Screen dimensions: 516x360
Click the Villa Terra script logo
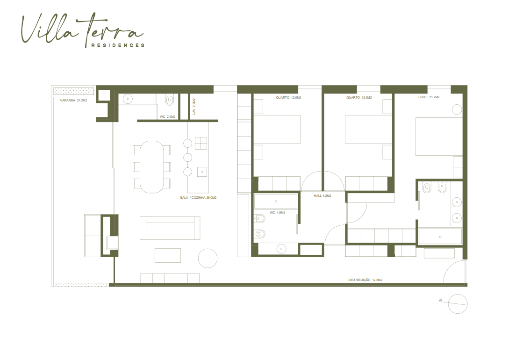click(82, 29)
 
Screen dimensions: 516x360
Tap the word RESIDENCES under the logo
click(118, 45)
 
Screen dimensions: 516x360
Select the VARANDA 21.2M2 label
click(73, 101)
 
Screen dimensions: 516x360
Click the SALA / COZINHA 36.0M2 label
click(198, 198)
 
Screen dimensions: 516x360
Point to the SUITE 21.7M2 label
click(429, 97)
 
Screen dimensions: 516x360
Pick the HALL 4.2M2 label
click(322, 196)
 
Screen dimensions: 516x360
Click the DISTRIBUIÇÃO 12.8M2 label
click(365, 280)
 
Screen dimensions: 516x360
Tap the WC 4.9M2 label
click(278, 213)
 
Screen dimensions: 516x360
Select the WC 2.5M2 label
click(167, 117)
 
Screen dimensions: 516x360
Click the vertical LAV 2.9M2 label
click(194, 106)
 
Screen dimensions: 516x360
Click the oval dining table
click(152, 167)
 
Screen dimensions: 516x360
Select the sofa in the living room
click(170, 228)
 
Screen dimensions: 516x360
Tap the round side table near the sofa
click(208, 259)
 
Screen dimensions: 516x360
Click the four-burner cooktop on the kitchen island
click(201, 144)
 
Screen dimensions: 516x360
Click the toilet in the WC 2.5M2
click(170, 100)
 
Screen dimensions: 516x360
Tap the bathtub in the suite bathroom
click(440, 237)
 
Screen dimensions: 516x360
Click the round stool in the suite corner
click(457, 109)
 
